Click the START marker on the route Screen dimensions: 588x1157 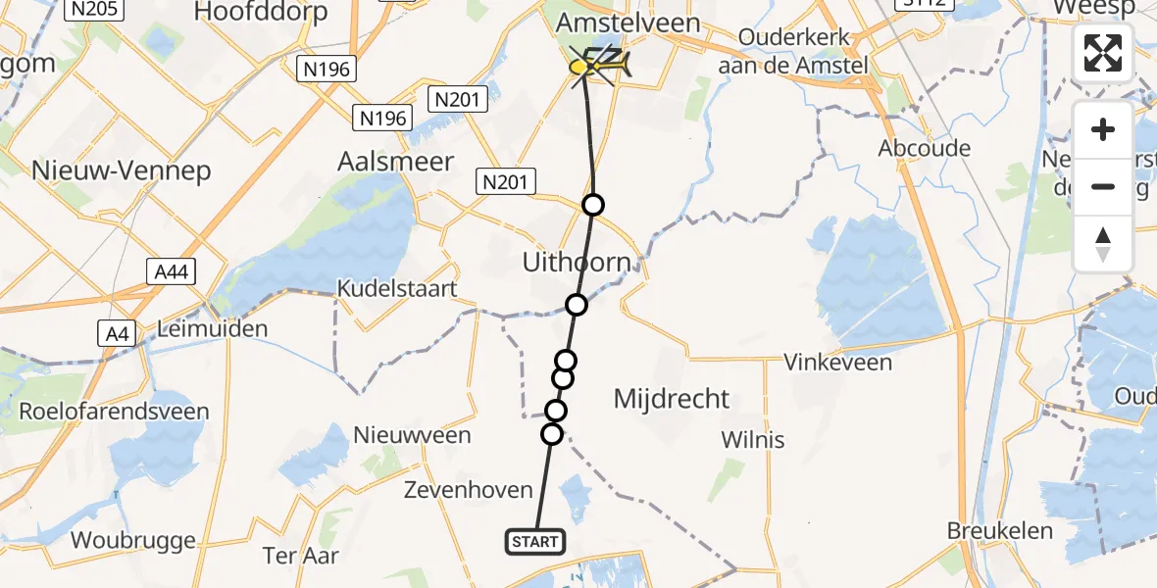click(535, 541)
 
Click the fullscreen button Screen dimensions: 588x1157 click(1103, 53)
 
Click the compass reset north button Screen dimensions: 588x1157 click(1103, 244)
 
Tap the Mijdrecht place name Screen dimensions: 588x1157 click(672, 399)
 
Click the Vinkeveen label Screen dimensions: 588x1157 click(838, 363)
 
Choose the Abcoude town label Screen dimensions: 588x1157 click(925, 149)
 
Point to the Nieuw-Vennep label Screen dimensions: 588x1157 click(122, 171)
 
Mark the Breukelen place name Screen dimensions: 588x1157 click(1000, 531)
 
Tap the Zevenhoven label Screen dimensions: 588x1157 click(469, 490)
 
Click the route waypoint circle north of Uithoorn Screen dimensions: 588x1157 click(592, 204)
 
